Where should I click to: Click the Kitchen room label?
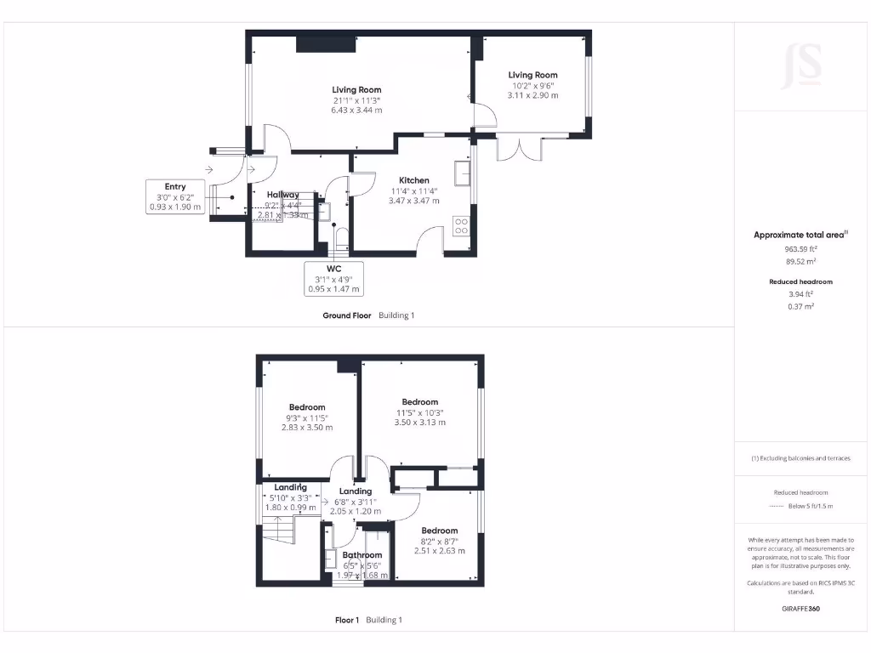click(x=413, y=180)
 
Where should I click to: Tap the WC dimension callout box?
click(x=333, y=279)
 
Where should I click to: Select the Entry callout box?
click(x=175, y=196)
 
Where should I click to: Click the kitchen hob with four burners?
click(x=462, y=226)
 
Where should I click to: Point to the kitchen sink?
click(x=463, y=173)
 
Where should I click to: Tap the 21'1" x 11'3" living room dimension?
click(x=356, y=99)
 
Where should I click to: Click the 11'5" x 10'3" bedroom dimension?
click(x=420, y=412)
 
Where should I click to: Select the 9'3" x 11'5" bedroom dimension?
click(x=307, y=417)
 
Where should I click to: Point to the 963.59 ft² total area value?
click(x=800, y=249)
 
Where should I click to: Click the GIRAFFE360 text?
click(x=800, y=609)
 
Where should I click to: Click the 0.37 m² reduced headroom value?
click(x=800, y=306)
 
